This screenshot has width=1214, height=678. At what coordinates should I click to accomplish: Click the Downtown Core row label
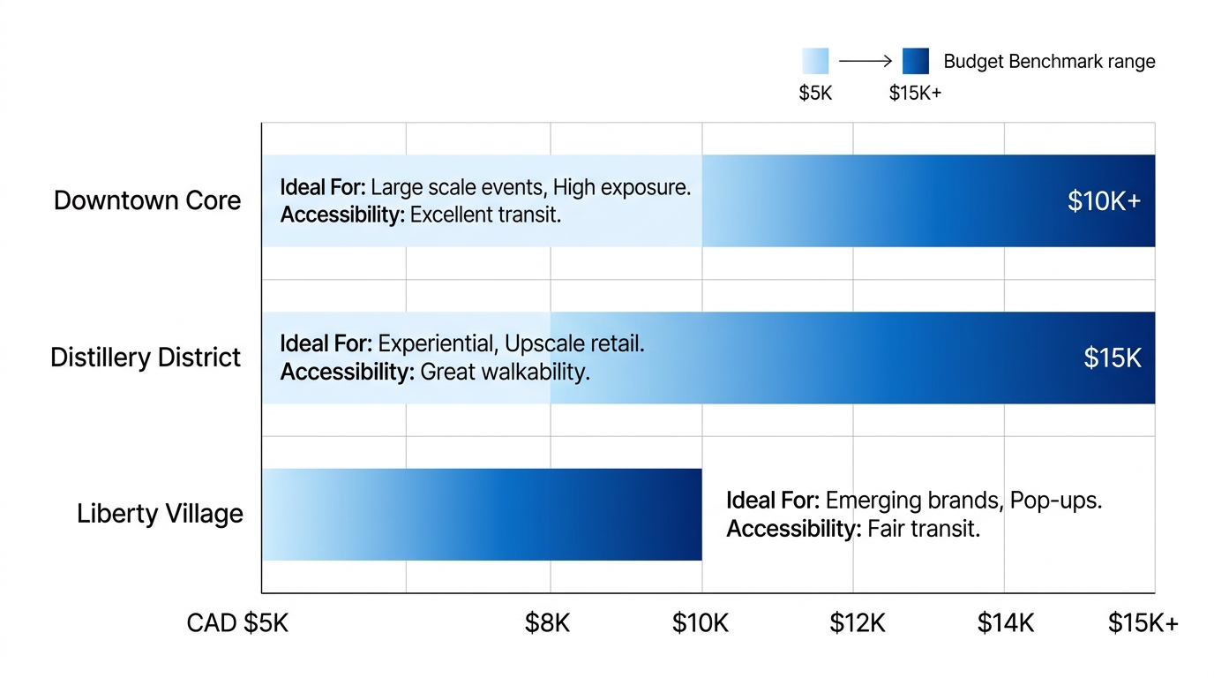(147, 200)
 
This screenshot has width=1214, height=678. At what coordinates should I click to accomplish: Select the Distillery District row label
(146, 358)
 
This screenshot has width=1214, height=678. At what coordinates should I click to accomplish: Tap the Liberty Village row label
(160, 514)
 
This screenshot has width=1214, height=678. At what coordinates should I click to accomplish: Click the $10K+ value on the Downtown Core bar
(1104, 201)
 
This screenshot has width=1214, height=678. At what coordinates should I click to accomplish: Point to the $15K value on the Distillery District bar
(1113, 358)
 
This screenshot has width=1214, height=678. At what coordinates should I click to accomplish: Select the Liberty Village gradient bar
(482, 514)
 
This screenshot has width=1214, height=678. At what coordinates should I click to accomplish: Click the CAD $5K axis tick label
(237, 623)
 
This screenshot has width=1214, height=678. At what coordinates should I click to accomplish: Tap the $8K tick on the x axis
(548, 623)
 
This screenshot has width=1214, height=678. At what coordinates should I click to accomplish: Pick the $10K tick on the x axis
(701, 623)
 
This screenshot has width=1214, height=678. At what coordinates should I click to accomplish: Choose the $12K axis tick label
(857, 623)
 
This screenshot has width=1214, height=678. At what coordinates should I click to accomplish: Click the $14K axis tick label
(1005, 623)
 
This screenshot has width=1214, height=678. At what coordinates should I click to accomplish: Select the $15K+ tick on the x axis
(1143, 623)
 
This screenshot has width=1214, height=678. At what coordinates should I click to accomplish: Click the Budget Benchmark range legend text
(1049, 62)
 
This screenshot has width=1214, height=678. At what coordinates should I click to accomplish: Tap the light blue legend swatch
(815, 61)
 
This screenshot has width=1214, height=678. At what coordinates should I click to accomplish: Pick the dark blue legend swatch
(916, 61)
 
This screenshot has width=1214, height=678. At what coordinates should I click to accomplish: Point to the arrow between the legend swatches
(866, 61)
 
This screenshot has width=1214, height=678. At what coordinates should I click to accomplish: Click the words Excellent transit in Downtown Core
(485, 215)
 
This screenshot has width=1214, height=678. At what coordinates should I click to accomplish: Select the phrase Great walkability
(505, 372)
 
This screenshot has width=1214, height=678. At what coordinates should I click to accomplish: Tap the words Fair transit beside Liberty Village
(924, 529)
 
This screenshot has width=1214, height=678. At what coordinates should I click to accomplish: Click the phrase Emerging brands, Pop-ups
(963, 501)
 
